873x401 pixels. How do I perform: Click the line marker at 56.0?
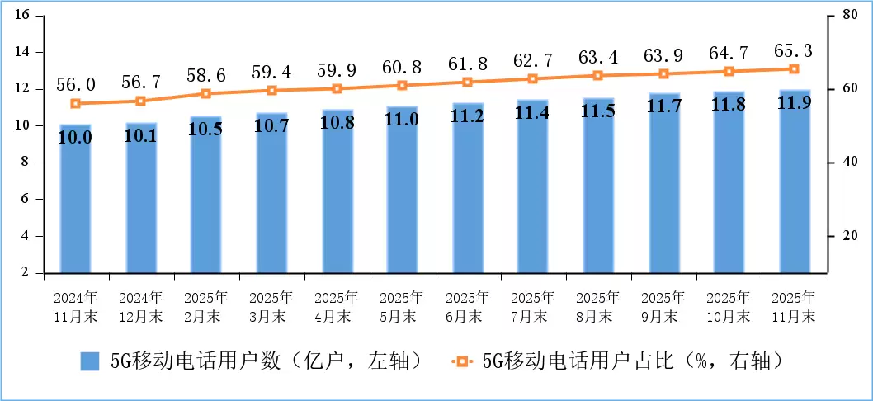coord(75,104)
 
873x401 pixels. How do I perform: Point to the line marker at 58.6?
coord(206,94)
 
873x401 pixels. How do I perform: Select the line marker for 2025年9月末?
coord(663,74)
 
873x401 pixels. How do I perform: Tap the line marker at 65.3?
coord(795,69)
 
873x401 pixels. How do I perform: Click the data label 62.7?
coord(533,60)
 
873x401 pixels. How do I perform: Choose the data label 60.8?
coord(402,66)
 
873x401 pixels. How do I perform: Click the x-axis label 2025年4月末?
coord(337,306)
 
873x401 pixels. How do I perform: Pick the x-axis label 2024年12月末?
coord(140,306)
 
